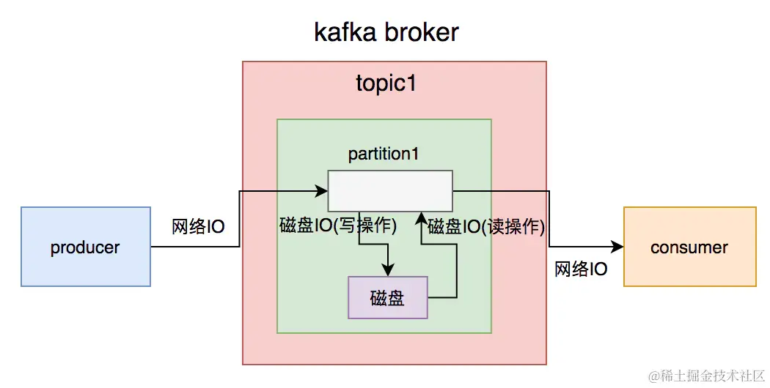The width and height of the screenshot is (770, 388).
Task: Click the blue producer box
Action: click(x=85, y=247)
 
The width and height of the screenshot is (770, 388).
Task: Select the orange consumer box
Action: click(x=689, y=247)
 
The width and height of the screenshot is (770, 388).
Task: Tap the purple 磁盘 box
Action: click(x=387, y=297)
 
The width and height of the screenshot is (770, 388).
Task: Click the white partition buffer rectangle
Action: click(x=389, y=190)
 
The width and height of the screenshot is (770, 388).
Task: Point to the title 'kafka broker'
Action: click(x=386, y=33)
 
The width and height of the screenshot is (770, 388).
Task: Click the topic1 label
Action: click(x=386, y=83)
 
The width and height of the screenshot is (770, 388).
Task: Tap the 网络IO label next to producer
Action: click(x=198, y=226)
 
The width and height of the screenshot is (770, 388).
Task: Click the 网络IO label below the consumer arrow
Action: click(x=580, y=269)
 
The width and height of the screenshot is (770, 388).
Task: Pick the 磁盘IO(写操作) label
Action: click(x=338, y=225)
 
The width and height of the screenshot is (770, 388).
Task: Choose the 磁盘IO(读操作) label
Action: click(x=486, y=225)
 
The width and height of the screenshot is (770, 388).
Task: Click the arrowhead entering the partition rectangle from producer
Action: click(x=322, y=191)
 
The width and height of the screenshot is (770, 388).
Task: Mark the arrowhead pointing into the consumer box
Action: click(x=618, y=247)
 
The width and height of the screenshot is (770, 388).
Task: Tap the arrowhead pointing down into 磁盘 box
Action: click(x=388, y=271)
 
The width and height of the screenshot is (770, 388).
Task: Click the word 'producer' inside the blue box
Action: click(x=85, y=247)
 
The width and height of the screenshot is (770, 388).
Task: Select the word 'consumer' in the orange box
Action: click(x=689, y=247)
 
